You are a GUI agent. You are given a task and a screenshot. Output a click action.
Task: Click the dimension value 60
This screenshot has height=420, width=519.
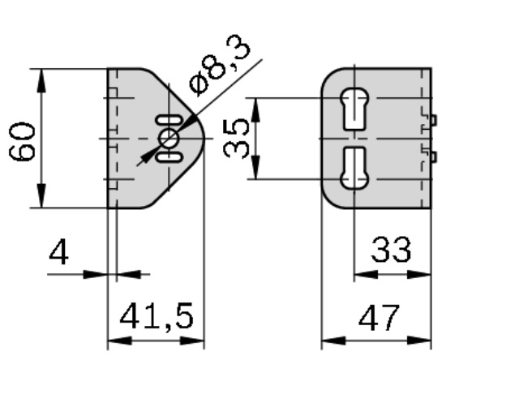(22, 142)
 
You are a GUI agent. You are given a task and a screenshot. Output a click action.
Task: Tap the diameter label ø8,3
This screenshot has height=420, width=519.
(220, 65)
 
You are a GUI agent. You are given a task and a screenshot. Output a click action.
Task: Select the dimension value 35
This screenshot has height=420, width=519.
(236, 139)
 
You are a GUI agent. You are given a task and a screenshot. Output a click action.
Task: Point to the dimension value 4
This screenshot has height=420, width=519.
(59, 253)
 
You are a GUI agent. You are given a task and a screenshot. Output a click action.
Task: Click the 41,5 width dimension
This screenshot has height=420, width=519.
(157, 316)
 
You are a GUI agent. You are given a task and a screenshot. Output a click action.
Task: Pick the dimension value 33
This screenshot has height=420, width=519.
(391, 250)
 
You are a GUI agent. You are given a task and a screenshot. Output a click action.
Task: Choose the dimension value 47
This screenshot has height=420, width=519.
(379, 318)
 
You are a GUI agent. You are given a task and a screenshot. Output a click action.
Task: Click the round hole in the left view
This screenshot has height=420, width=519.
(169, 139)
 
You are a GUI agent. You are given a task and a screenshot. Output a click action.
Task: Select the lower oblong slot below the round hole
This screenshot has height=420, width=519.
(169, 157)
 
